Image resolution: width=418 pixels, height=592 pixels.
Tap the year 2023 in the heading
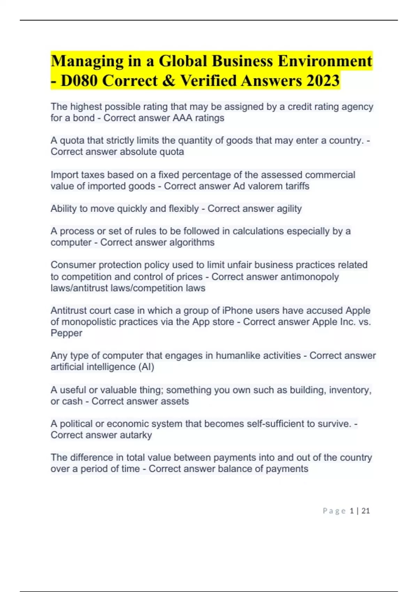pyautogui.click(x=323, y=81)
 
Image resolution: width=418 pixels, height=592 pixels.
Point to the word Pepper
pyautogui.click(x=66, y=333)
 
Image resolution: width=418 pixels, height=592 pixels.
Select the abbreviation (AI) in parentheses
pyautogui.click(x=146, y=367)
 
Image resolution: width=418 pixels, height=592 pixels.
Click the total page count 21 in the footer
pyautogui.click(x=365, y=511)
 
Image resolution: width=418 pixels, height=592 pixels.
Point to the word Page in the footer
pyautogui.click(x=334, y=511)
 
